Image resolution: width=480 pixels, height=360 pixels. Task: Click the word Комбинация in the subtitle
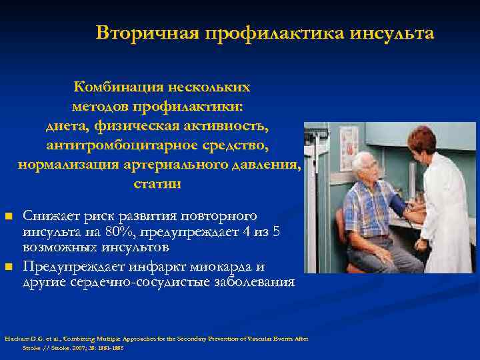pyautogui.click(x=119, y=87)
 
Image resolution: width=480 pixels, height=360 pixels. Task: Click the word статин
pyautogui.click(x=157, y=183)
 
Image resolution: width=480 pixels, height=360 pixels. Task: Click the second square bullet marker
pyautogui.click(x=9, y=267)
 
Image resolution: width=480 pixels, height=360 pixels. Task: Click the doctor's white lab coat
pyautogui.click(x=447, y=213)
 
